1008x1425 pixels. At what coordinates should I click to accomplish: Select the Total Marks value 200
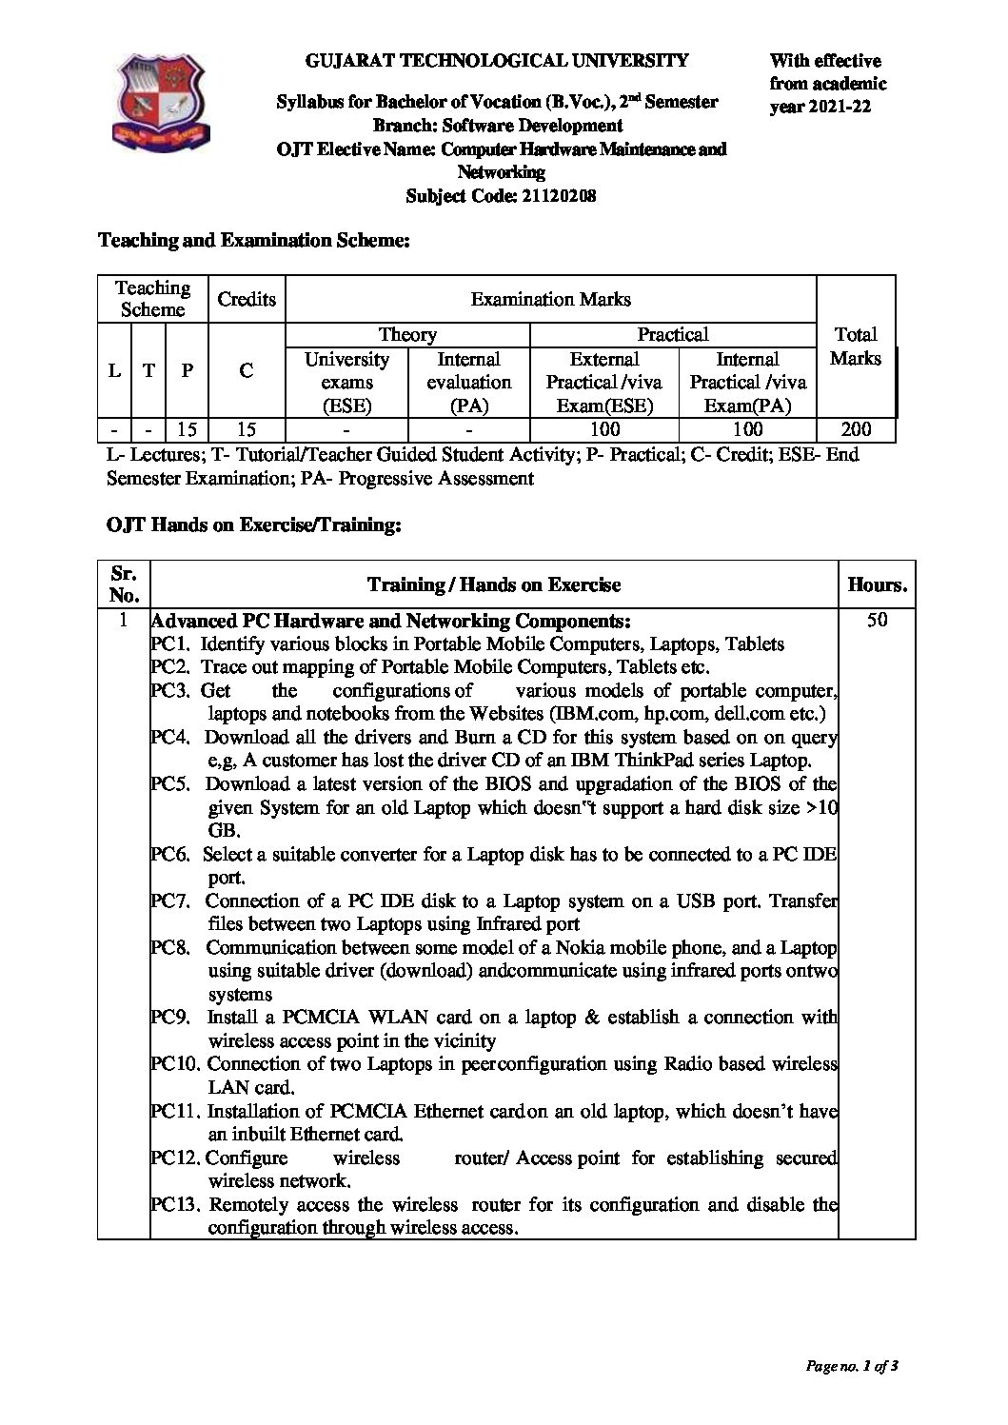(855, 429)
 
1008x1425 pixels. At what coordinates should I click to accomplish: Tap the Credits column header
(247, 299)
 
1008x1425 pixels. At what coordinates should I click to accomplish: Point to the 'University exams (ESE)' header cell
(346, 382)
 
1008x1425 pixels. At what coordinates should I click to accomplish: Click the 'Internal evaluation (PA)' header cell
(468, 382)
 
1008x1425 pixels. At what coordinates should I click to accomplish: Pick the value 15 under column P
(187, 429)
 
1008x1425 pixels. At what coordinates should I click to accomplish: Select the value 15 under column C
(246, 429)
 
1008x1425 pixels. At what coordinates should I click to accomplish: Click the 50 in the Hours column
(877, 620)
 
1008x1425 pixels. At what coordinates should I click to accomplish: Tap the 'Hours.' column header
(877, 584)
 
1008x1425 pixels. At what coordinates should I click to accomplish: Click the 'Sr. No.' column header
(124, 584)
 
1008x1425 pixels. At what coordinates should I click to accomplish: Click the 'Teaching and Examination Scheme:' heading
(254, 241)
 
